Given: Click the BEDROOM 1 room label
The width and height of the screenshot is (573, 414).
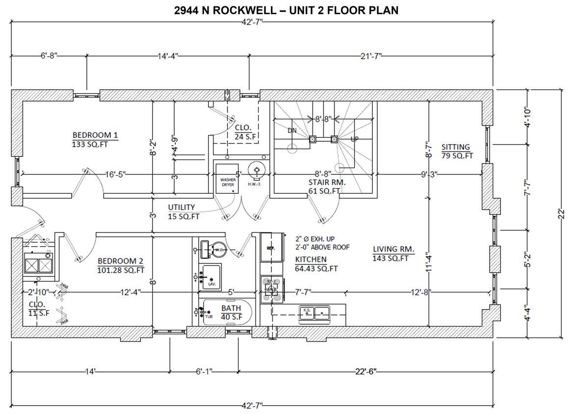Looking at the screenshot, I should point(95,135).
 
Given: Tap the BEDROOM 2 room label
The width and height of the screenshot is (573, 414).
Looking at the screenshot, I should point(120,261).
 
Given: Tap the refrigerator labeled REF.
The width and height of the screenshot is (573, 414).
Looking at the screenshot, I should point(271,247).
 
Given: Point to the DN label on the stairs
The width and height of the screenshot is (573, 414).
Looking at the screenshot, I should point(292,130).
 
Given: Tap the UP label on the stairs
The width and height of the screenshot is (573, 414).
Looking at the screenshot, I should point(354,139).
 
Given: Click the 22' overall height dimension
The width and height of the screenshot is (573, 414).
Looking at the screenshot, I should point(562,214).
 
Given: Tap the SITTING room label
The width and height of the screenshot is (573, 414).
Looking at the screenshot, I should point(455,147).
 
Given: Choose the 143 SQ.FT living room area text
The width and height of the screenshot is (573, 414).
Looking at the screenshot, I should point(391,258).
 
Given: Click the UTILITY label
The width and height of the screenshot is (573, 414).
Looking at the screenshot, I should point(182,207).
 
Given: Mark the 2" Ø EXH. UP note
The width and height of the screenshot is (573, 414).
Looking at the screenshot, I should point(315,239).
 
